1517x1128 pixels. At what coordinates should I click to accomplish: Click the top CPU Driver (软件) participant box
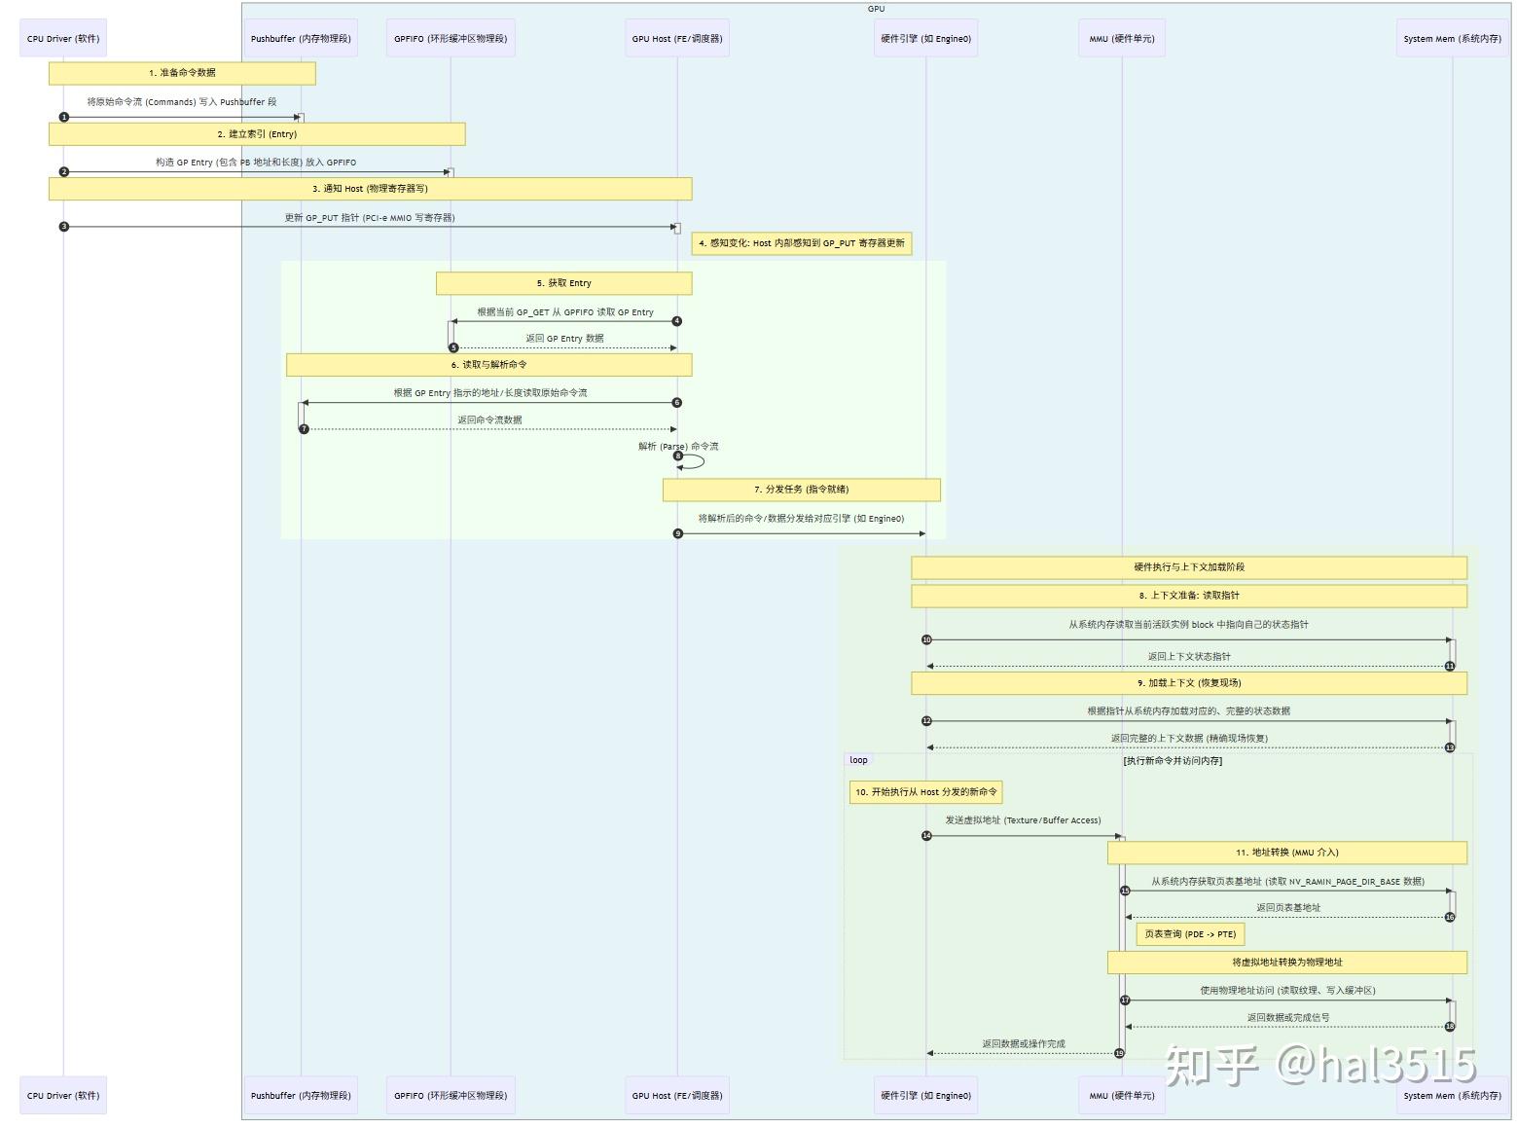coord(63,39)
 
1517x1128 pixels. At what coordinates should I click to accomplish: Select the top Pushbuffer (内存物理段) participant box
coord(301,39)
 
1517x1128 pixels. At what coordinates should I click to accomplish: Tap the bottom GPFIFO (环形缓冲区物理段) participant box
coord(451,1095)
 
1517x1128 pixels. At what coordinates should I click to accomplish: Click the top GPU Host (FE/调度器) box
coord(677,39)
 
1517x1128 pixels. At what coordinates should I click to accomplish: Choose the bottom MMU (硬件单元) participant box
coord(1122,1095)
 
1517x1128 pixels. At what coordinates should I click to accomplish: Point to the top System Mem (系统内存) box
coord(1452,39)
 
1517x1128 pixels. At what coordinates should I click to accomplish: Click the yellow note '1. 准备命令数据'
coord(182,73)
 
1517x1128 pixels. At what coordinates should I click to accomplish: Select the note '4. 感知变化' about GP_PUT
coord(802,243)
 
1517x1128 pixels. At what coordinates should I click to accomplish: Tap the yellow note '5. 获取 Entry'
coord(563,283)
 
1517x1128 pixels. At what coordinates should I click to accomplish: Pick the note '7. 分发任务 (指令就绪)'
coord(801,490)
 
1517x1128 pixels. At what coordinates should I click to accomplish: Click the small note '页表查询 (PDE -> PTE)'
coord(1190,934)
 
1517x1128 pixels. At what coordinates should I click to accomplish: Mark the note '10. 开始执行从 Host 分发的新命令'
coord(925,792)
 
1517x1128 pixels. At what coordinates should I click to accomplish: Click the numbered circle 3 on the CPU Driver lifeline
coord(64,227)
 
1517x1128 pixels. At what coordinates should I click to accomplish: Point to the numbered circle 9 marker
coord(678,533)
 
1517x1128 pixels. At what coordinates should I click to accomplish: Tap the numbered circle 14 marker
coord(926,836)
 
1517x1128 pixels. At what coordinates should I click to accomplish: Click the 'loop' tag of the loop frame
coord(858,760)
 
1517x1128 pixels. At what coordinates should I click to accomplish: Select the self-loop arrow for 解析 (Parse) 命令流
coord(694,461)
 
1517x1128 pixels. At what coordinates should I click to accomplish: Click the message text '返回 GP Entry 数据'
coord(564,339)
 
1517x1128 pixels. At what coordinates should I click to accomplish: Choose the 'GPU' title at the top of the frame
coord(876,9)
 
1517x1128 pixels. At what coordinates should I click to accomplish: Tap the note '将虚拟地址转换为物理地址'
coord(1286,963)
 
